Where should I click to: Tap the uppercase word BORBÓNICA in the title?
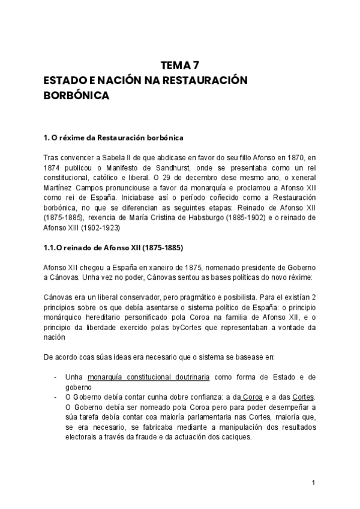pyautogui.click(x=76, y=95)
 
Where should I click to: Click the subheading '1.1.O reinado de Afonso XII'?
pyautogui.click(x=113, y=248)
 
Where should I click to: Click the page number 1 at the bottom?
pyautogui.click(x=314, y=483)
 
